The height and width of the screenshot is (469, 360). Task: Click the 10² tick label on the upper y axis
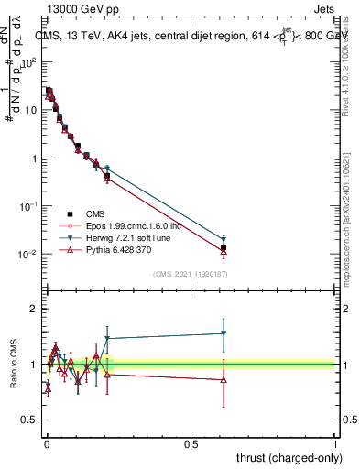[28, 62]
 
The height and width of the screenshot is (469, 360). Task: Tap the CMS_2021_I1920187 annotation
[190, 274]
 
